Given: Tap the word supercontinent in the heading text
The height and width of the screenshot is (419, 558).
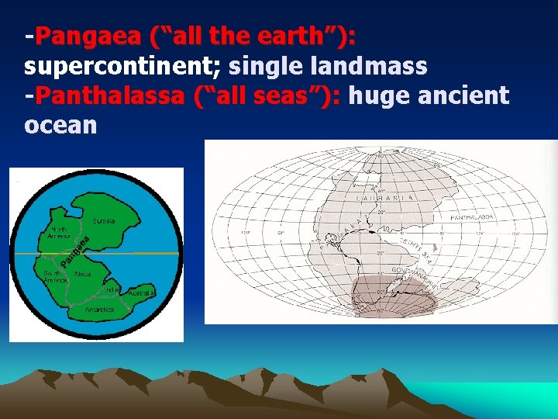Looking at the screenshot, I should (122, 66).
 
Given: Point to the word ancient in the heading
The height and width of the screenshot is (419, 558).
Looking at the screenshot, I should (464, 96).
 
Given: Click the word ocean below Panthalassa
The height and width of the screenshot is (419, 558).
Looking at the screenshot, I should (60, 125).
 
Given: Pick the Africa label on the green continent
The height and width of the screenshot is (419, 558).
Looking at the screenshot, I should (85, 275).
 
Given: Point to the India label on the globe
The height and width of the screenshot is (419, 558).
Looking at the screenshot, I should (113, 289).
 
